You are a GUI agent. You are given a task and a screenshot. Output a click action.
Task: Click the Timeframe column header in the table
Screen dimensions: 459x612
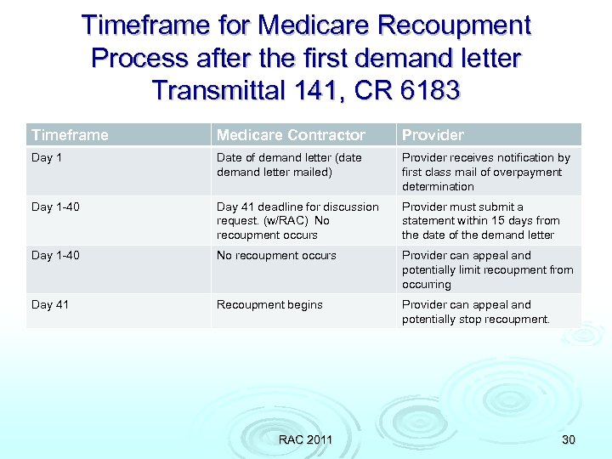click(x=70, y=135)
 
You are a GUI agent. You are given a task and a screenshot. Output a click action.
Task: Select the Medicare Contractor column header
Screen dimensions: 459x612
click(x=291, y=135)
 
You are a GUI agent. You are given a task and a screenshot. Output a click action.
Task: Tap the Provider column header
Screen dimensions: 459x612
click(x=433, y=135)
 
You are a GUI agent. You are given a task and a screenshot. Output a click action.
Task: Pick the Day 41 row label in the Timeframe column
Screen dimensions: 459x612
click(x=50, y=304)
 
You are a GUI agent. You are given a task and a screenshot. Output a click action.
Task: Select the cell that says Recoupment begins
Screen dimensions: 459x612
click(x=269, y=304)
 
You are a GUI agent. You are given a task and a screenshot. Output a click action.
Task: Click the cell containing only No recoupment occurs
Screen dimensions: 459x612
click(x=276, y=255)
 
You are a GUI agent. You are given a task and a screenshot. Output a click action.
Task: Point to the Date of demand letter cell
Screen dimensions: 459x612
click(x=289, y=165)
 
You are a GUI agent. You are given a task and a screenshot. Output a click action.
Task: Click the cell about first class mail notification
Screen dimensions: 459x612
click(x=485, y=172)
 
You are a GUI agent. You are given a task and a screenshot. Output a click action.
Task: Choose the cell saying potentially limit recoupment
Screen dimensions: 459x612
click(x=487, y=269)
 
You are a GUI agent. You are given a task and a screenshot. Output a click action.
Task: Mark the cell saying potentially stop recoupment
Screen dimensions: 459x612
click(x=476, y=312)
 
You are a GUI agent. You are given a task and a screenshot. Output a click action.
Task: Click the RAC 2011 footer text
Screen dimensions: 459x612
click(x=305, y=439)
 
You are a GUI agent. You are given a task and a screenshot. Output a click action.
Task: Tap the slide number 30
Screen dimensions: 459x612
click(x=568, y=439)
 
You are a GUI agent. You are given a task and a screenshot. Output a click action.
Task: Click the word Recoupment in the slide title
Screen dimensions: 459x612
click(x=454, y=25)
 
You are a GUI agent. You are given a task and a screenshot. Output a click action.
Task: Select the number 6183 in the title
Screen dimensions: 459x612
click(x=429, y=89)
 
